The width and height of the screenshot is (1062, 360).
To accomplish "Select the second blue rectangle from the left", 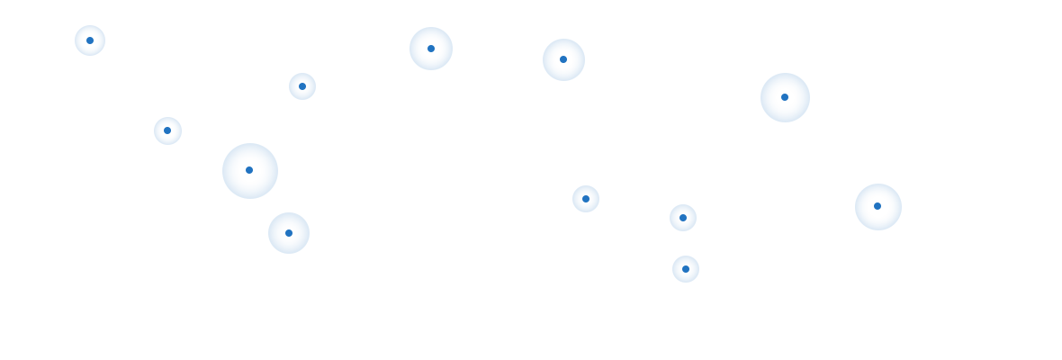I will [x=310, y=139].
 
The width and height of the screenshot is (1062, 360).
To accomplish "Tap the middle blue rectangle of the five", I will [x=483, y=139].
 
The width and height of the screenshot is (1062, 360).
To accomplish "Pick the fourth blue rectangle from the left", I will [x=642, y=160].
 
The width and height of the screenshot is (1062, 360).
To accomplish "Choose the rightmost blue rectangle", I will [x=814, y=160].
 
